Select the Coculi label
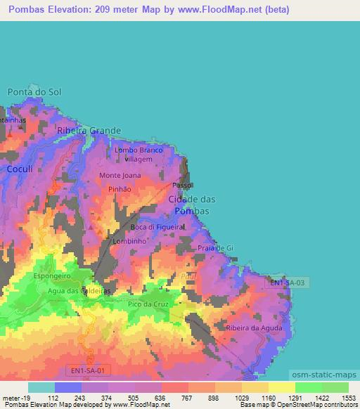[20, 169]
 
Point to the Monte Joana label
[120, 175]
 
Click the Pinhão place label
[120, 189]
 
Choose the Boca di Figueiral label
[157, 228]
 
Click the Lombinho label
[129, 241]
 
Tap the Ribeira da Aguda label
[254, 328]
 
